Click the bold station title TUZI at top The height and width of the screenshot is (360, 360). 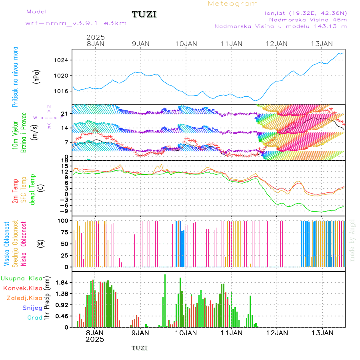coord(144,15)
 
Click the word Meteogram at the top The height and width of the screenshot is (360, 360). coord(233,4)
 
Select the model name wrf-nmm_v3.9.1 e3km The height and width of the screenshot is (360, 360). coord(76,23)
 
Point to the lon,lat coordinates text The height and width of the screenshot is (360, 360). coord(306,13)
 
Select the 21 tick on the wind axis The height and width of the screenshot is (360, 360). coord(64,114)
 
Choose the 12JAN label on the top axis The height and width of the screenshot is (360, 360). coord(276,44)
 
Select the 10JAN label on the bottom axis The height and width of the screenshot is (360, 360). coord(186,332)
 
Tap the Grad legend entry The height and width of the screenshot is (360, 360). coord(35,318)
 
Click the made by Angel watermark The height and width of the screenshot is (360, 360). coord(352,240)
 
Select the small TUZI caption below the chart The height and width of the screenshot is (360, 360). coord(140,348)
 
